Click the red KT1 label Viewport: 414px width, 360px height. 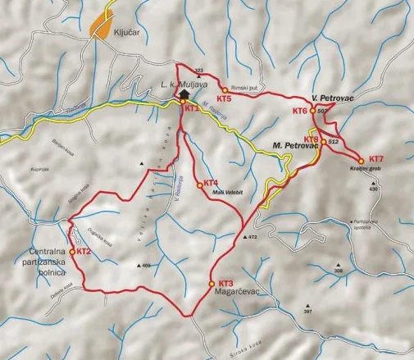[191, 108]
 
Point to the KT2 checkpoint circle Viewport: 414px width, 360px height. [75, 252]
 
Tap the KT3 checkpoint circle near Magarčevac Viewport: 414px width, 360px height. [212, 284]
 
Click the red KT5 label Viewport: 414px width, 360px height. [225, 98]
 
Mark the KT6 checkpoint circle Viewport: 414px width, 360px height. [312, 110]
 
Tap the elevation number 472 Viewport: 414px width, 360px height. [252, 236]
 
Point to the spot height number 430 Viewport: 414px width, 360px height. [374, 189]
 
